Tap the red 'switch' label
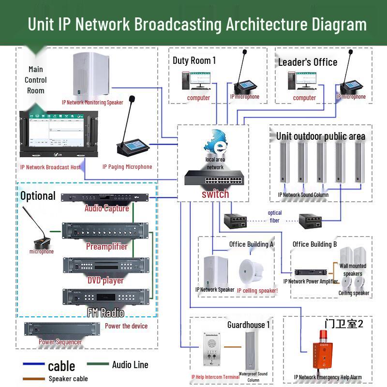[215, 194]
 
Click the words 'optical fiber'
[274, 216]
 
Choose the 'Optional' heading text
[38, 196]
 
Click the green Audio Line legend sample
[98, 364]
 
